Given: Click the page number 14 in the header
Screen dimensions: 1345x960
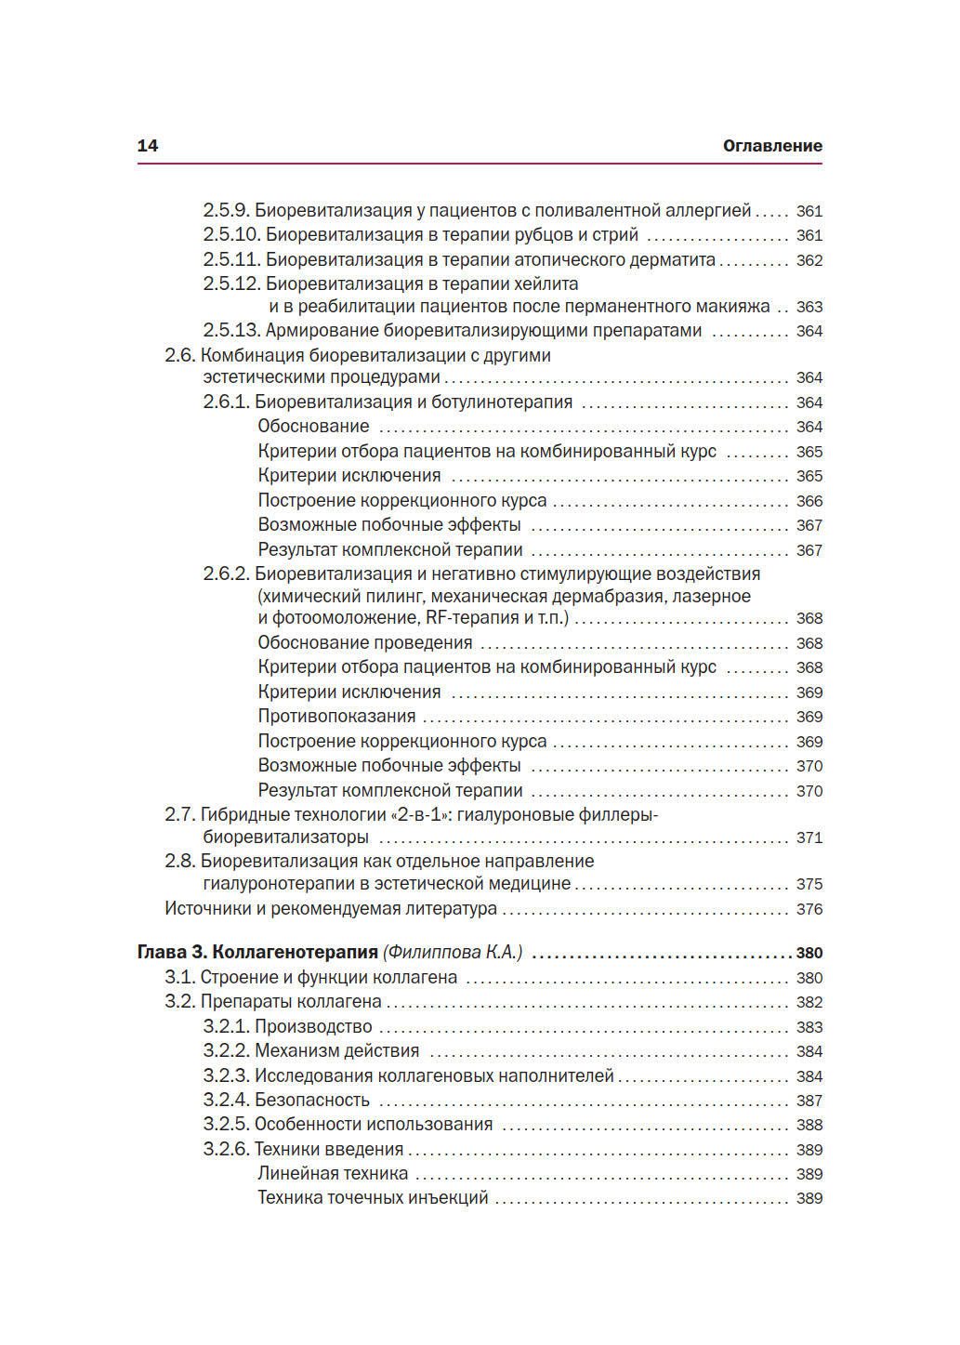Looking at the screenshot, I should coord(148,146).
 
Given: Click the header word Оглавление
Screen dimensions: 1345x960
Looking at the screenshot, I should coord(772,146).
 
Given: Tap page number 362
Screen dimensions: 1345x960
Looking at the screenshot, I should coord(809,260).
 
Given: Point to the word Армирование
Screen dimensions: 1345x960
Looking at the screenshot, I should coord(322,331).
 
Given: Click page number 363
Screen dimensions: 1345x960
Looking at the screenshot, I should coord(809,307).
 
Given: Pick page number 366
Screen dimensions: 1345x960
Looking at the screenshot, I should coord(809,501).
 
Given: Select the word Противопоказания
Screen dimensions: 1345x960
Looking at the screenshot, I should coord(336,717).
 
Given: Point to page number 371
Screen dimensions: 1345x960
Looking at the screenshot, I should coord(809,837).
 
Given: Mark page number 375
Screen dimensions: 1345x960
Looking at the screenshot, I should coord(809,884).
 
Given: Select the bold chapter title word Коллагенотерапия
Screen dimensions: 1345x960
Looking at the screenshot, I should coord(295,953).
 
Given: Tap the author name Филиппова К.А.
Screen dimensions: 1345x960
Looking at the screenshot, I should coord(454,953).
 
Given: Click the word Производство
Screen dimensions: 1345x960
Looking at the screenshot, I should coord(313,1027).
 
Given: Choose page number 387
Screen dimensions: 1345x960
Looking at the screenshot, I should coord(809,1101).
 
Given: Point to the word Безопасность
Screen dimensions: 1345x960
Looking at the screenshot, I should coord(312,1101).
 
